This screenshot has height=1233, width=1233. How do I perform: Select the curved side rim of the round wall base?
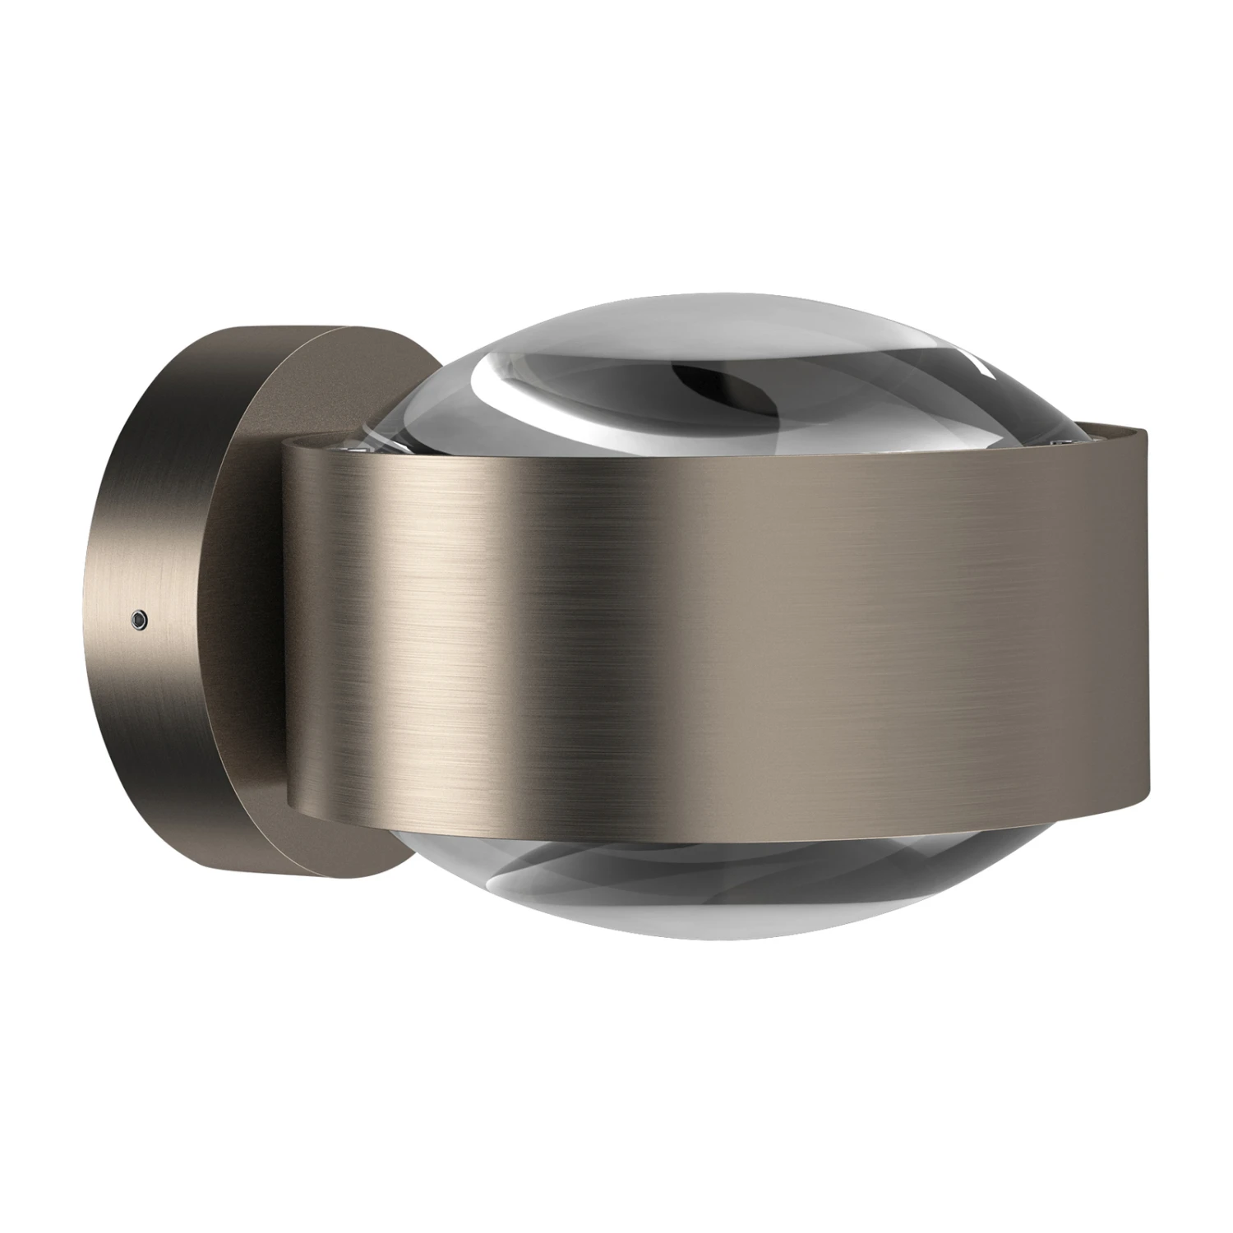coord(156,534)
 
